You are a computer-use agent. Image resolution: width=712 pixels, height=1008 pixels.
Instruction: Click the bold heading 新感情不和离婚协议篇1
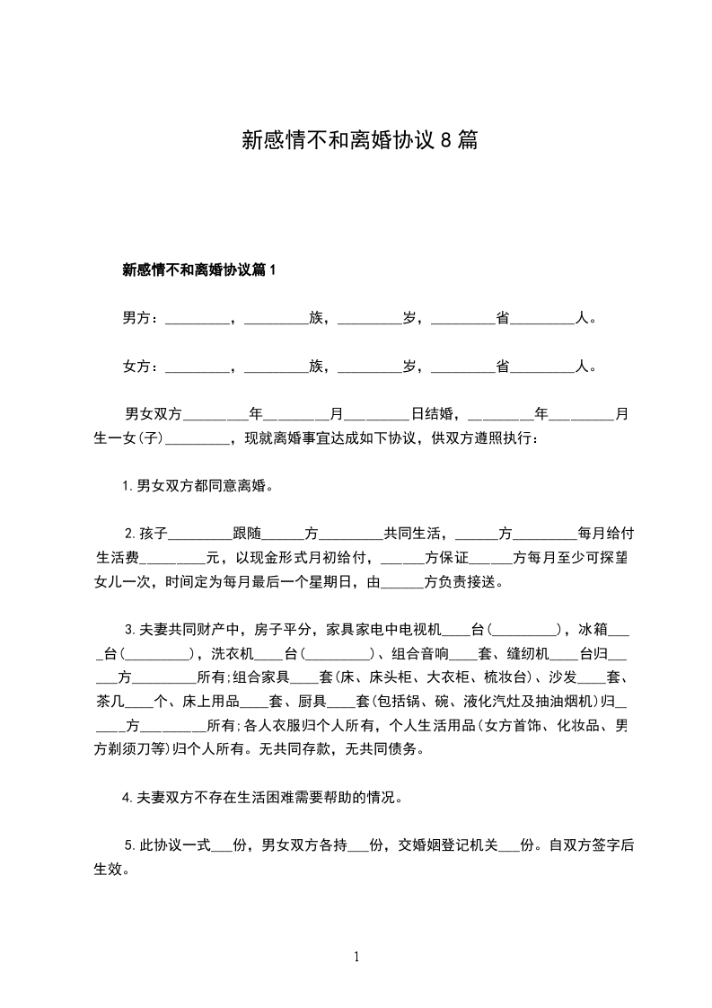[198, 270]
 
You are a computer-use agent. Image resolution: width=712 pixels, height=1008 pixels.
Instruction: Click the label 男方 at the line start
[136, 318]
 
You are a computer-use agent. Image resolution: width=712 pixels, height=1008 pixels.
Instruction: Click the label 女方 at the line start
[136, 367]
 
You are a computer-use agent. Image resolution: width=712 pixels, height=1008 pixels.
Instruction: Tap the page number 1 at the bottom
[356, 957]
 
